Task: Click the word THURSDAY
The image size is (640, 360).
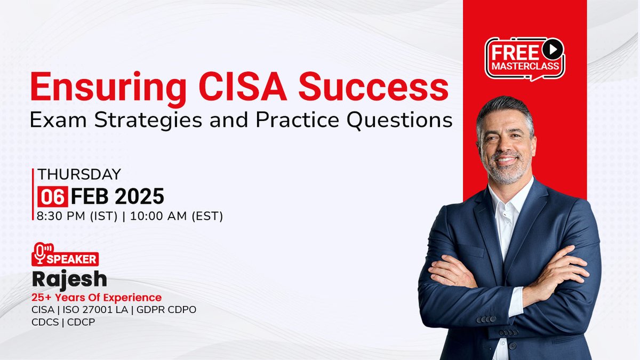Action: (79, 174)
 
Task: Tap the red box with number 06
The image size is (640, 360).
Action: (52, 197)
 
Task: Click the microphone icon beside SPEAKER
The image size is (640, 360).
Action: (41, 253)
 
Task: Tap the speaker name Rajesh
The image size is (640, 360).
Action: (69, 278)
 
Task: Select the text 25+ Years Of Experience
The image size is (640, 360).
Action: (97, 297)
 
